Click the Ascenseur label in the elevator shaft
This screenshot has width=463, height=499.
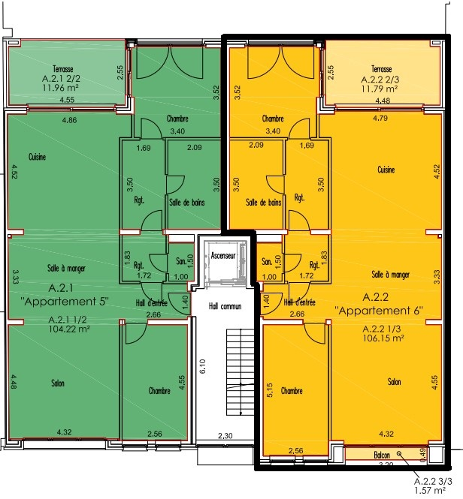(223, 255)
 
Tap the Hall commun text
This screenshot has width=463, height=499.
(225, 306)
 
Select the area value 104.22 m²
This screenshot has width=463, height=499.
(69, 329)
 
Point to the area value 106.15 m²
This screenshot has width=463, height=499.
(383, 338)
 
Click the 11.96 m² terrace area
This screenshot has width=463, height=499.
(61, 88)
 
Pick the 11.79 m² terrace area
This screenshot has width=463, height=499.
(380, 89)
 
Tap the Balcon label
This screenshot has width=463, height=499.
(382, 455)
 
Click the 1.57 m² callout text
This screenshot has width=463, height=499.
(429, 491)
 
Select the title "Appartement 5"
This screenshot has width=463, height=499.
(65, 301)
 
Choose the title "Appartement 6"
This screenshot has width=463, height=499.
(379, 311)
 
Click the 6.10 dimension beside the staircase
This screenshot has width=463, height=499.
(203, 366)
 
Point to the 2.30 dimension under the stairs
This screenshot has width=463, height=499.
(225, 436)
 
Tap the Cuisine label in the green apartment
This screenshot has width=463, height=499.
(38, 157)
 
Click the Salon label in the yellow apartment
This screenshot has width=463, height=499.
(394, 382)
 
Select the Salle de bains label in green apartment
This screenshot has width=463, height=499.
(187, 202)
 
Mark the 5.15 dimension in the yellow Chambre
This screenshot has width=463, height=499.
(269, 390)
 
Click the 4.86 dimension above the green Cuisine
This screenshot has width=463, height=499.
(69, 120)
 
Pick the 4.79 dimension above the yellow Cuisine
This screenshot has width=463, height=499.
(380, 118)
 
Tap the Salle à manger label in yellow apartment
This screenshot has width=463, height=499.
(391, 275)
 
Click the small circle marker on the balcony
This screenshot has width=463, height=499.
(399, 453)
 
